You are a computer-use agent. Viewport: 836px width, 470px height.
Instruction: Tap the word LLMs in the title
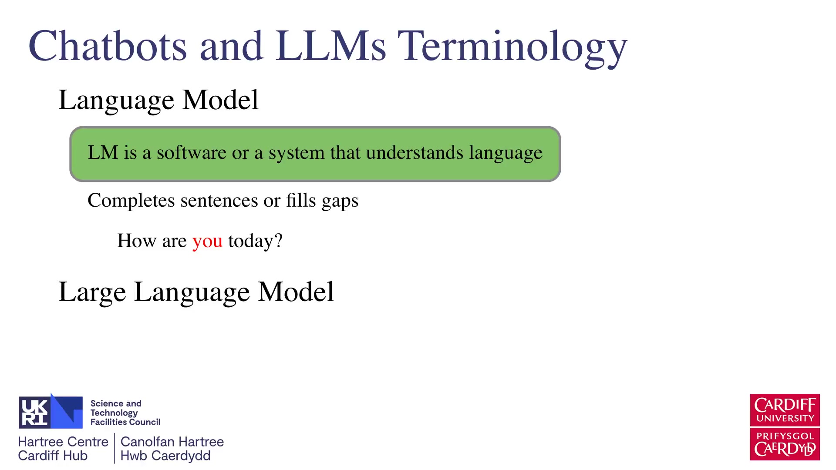330,46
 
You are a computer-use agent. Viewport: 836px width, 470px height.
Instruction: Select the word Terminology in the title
512,48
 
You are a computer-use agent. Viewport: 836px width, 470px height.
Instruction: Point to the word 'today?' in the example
256,241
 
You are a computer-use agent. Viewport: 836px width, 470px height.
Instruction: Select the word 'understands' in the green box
415,152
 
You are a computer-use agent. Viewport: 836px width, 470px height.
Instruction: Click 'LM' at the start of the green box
103,152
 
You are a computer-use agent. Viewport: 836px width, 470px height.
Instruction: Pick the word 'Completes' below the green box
131,201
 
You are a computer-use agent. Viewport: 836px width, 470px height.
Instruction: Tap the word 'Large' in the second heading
92,292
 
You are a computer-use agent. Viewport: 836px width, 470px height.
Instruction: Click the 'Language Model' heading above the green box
158,100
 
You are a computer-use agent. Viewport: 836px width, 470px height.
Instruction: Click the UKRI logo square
51,412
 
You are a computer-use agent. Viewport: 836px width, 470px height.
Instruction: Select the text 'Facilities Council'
125,422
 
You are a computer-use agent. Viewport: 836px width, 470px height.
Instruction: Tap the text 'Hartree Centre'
63,442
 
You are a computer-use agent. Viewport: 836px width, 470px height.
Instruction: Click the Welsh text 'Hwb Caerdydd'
165,456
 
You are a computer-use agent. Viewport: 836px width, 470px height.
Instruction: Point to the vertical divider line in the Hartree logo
115,448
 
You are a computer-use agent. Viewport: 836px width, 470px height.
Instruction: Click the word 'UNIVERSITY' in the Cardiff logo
785,419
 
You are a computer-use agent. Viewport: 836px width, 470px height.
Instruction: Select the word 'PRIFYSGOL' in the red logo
785,436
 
